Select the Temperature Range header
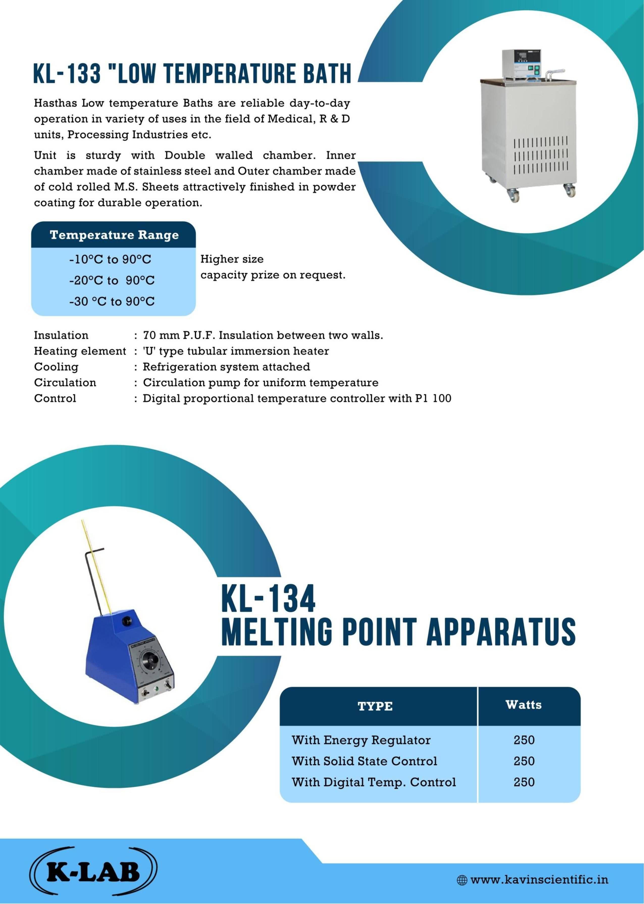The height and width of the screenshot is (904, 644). pos(114,235)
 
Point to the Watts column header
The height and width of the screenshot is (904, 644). pos(523,704)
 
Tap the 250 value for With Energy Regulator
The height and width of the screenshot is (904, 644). pos(524,740)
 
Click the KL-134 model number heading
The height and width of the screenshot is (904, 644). pos(268,599)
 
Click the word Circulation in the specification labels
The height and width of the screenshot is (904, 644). pos(65,382)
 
